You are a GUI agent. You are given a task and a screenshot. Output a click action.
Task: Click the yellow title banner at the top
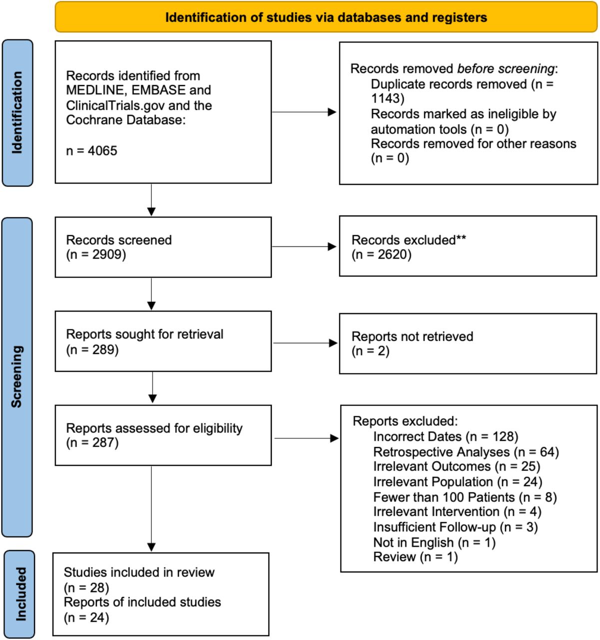pos(326,17)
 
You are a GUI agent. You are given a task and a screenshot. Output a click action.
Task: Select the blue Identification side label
pos(17,113)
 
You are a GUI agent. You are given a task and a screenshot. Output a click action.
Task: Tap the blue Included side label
pos(19,594)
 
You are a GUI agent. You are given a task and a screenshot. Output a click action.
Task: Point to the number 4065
pos(102,151)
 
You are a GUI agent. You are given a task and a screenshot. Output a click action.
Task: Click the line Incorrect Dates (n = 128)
pos(446,436)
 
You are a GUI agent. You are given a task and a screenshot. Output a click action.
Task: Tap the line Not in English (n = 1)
pos(435,542)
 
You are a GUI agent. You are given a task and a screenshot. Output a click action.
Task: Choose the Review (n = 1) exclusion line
pos(416,557)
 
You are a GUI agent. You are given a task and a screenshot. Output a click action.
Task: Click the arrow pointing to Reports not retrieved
pos(305,343)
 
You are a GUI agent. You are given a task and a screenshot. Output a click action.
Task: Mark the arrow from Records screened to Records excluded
pos(304,246)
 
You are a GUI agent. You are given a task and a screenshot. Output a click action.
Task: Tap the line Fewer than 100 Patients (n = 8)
pos(465,497)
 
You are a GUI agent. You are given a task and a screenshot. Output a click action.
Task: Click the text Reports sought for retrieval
pos(144,334)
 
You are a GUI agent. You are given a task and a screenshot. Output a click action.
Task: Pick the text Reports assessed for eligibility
pos(154,428)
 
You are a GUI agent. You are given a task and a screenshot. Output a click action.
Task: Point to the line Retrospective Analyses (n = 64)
pos(466,452)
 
